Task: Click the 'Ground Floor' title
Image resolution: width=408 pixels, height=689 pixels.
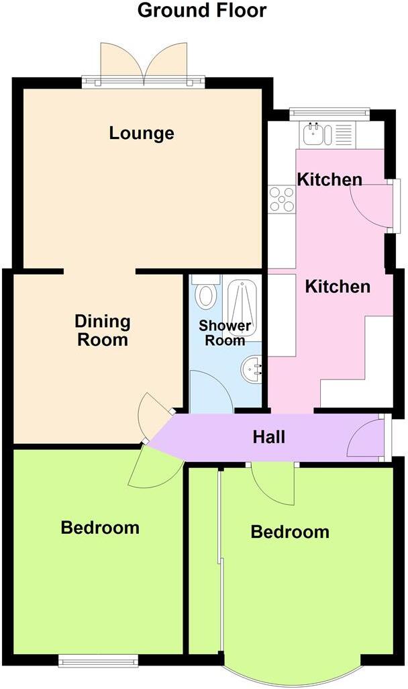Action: (202, 11)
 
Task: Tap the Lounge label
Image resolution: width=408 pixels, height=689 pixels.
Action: (142, 133)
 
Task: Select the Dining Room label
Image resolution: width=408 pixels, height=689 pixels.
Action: (102, 330)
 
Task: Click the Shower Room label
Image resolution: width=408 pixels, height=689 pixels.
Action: (225, 333)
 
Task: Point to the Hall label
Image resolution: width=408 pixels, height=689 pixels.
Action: (268, 437)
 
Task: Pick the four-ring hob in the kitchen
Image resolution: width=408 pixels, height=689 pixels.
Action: (282, 199)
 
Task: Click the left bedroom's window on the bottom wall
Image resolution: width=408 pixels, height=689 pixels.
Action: (98, 661)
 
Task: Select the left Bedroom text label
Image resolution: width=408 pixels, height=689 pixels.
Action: (100, 527)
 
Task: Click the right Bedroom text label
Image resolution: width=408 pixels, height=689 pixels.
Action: (290, 532)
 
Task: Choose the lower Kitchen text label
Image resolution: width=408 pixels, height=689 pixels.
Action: (338, 287)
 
